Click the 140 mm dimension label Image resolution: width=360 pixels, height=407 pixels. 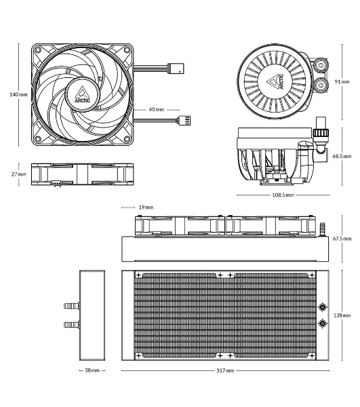click(x=18, y=94)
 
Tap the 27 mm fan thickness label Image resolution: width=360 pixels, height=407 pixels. click(x=19, y=174)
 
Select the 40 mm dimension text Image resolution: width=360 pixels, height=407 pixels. click(x=157, y=109)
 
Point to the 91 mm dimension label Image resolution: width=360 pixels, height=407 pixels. click(x=342, y=81)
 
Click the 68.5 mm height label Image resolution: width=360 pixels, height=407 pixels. click(x=342, y=156)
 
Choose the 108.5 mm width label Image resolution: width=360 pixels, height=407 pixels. click(x=283, y=195)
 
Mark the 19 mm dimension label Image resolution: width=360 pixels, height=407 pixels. click(x=146, y=207)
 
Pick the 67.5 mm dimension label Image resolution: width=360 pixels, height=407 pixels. click(x=342, y=239)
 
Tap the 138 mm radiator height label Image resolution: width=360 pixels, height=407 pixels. click(x=342, y=315)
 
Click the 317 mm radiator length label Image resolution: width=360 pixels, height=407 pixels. click(x=225, y=370)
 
